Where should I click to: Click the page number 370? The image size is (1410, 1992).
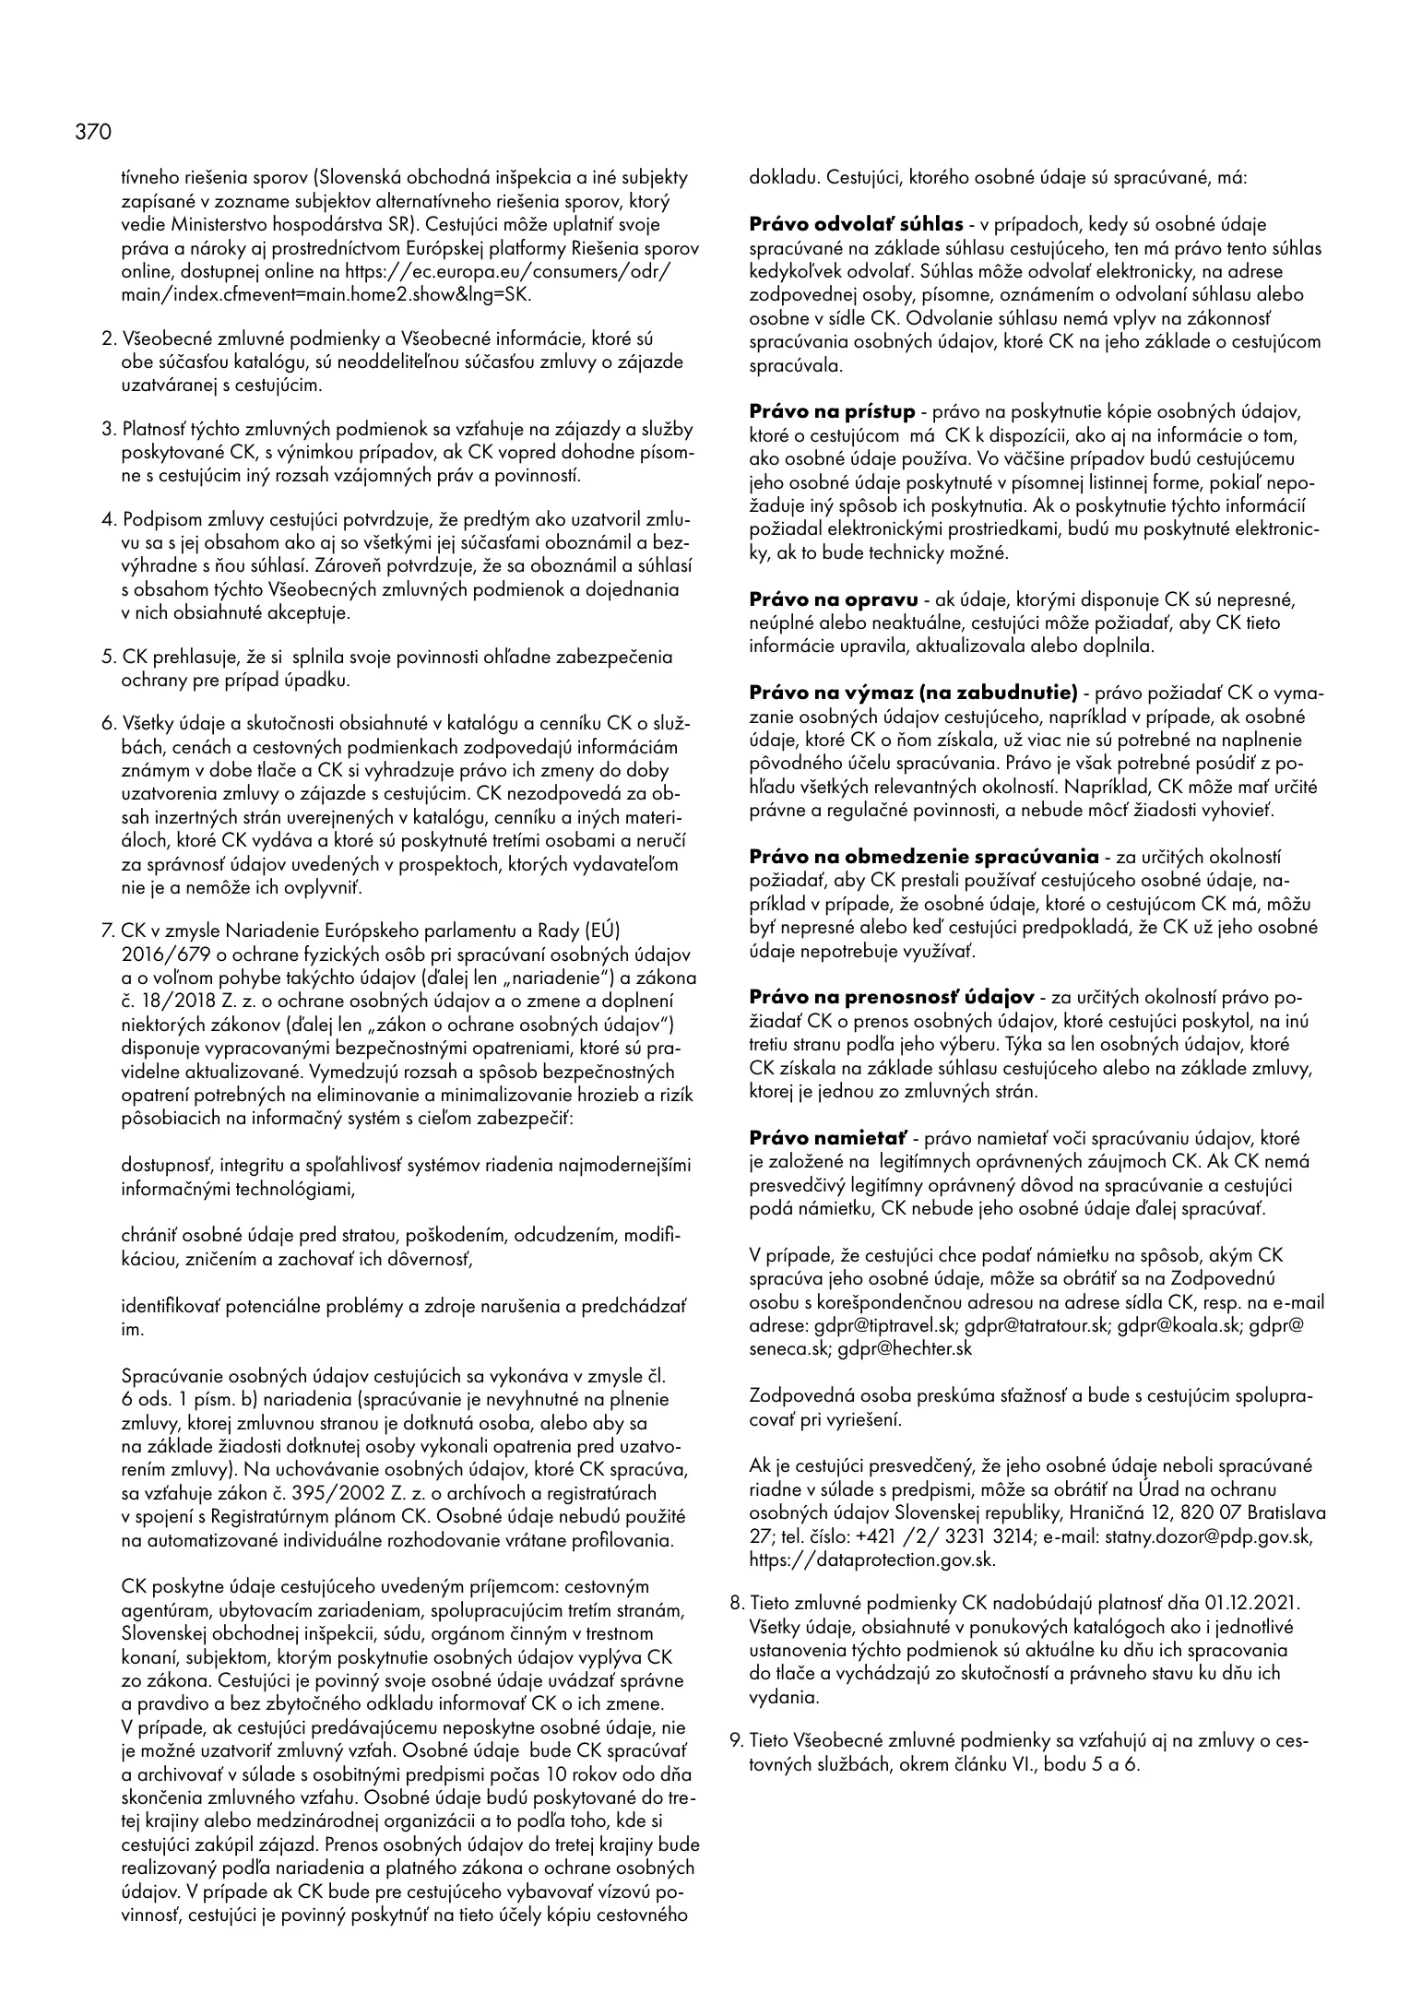click(x=92, y=133)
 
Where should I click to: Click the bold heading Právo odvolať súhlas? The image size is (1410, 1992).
click(x=856, y=225)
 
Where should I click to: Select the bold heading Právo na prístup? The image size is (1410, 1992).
click(x=832, y=411)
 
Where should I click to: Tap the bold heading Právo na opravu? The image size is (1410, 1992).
click(x=833, y=599)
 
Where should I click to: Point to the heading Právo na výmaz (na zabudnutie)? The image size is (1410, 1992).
click(x=913, y=693)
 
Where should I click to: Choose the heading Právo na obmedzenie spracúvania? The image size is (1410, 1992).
click(x=923, y=857)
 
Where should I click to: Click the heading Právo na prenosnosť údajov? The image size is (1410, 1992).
click(x=891, y=998)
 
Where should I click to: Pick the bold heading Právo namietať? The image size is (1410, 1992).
click(x=828, y=1138)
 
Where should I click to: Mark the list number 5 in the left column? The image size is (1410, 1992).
click(x=107, y=658)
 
